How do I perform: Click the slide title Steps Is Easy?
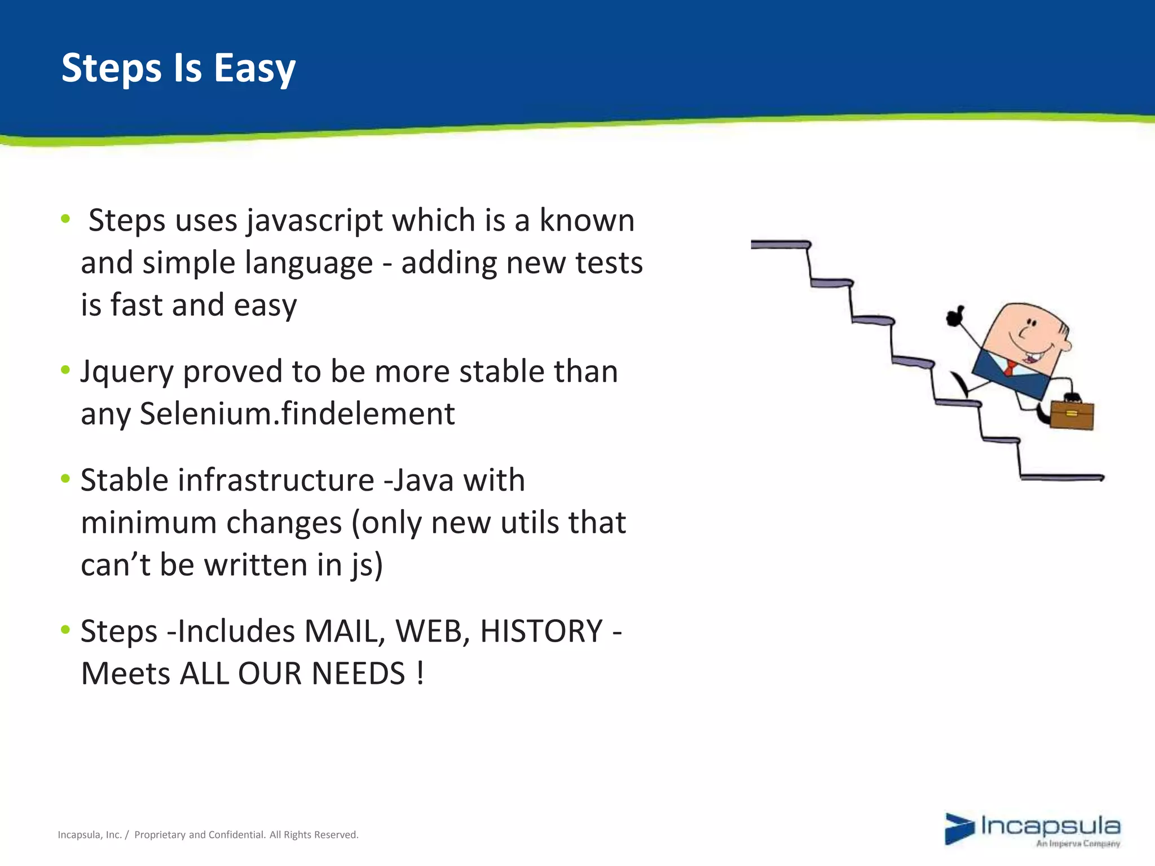pos(178,68)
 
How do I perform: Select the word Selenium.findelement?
pos(297,414)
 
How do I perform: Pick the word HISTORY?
pos(541,631)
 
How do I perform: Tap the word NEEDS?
pos(358,674)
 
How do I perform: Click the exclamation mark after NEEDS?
pos(420,674)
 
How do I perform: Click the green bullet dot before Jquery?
pos(65,370)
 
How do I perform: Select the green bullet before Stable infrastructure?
pos(65,479)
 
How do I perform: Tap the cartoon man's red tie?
pos(1009,368)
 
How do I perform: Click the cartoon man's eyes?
pos(1031,322)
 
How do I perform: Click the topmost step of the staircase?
pos(781,245)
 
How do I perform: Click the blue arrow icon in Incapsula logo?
pos(959,829)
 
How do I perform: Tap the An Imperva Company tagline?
pos(1077,844)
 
